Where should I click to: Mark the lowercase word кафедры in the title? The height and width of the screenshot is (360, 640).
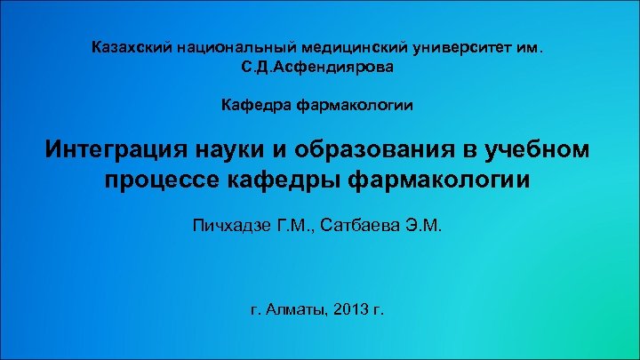click(x=283, y=180)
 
